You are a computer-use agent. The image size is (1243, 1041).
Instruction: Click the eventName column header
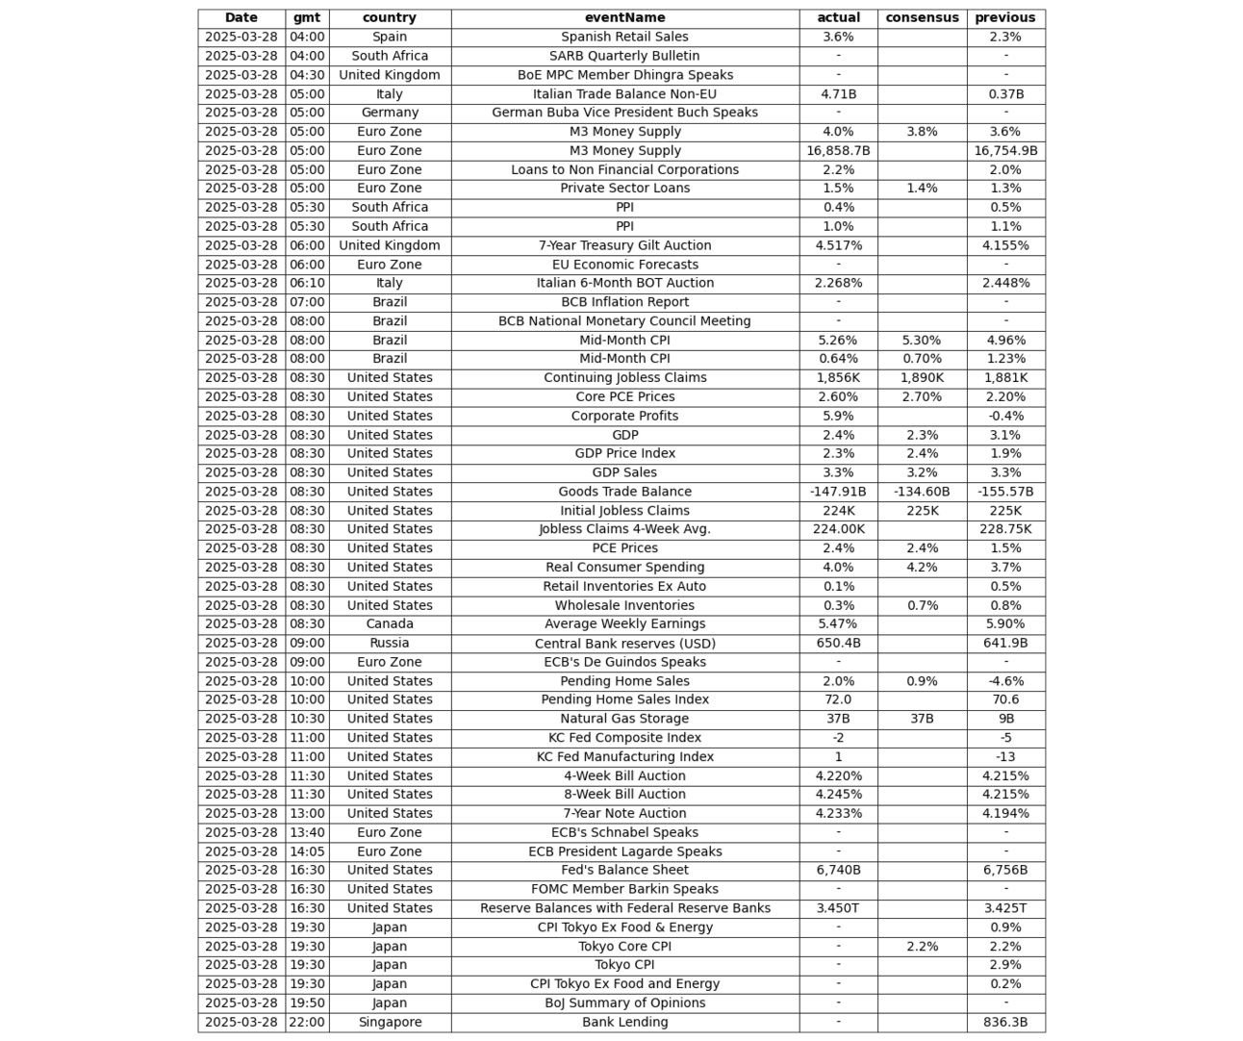(624, 17)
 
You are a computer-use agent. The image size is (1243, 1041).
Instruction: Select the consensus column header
(922, 17)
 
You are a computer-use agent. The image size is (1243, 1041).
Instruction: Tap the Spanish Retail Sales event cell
(624, 37)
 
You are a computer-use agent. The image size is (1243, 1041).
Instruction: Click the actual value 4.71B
(838, 94)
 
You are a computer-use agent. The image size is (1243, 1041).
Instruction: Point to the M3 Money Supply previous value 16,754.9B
(1005, 151)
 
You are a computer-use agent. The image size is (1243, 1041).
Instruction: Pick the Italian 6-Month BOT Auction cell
(624, 283)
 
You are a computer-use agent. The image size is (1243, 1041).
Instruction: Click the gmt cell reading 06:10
(307, 283)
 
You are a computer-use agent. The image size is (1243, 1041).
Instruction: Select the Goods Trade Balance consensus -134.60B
(922, 492)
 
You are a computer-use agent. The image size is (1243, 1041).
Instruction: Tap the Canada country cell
(390, 623)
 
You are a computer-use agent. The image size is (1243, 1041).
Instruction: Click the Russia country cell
(390, 643)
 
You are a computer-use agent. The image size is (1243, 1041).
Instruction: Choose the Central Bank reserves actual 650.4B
(838, 643)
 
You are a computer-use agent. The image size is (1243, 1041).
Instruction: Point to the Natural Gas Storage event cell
(624, 719)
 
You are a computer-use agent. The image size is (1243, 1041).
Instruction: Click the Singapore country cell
(390, 1022)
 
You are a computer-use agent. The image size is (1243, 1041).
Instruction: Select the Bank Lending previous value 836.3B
(1005, 1022)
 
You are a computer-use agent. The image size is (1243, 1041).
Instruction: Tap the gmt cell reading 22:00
(307, 1022)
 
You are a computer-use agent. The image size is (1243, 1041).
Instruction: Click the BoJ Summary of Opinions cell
(624, 1003)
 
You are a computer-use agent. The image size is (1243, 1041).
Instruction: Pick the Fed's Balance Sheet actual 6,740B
(838, 870)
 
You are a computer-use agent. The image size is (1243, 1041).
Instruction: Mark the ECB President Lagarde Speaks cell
(624, 851)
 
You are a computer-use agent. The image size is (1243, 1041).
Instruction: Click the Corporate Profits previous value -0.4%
(1005, 416)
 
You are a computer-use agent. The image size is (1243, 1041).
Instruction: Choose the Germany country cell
(390, 113)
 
